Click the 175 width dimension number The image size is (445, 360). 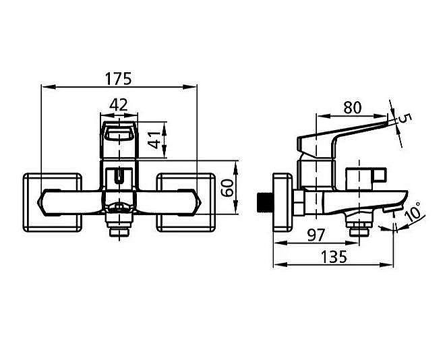tap(119, 79)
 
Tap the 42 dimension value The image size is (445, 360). tap(119, 105)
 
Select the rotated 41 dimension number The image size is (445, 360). tap(154, 140)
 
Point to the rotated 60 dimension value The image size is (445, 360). tap(227, 188)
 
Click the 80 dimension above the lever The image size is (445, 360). tap(353, 107)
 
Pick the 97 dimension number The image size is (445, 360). tap(316, 235)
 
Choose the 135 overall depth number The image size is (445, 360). tap(334, 257)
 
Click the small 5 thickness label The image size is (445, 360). tap(405, 118)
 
